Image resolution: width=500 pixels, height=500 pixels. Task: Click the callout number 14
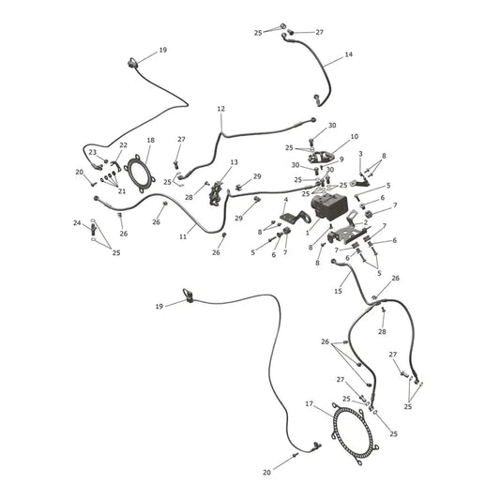pyautogui.click(x=349, y=54)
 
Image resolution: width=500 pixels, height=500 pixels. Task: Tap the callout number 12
pyautogui.click(x=220, y=109)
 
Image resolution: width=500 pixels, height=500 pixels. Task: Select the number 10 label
pyautogui.click(x=354, y=136)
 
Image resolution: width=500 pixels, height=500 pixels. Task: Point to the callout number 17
pyautogui.click(x=309, y=404)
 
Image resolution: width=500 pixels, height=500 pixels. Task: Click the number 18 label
pyautogui.click(x=150, y=140)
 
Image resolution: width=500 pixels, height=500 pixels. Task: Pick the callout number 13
pyautogui.click(x=235, y=162)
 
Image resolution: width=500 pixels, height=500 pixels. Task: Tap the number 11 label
pyautogui.click(x=183, y=236)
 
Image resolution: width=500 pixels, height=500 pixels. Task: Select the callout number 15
pyautogui.click(x=338, y=291)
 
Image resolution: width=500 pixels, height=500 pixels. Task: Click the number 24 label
pyautogui.click(x=77, y=223)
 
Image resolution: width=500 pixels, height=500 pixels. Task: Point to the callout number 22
pyautogui.click(x=123, y=145)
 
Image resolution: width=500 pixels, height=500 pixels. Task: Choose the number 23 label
pyautogui.click(x=93, y=152)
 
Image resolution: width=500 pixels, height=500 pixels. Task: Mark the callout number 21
pyautogui.click(x=122, y=191)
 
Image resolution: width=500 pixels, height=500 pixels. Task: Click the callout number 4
pyautogui.click(x=286, y=200)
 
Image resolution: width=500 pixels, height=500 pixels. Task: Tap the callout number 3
pyautogui.click(x=360, y=154)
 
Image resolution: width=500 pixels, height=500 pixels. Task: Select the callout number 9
pyautogui.click(x=341, y=159)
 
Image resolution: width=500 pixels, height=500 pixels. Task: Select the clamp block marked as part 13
pyautogui.click(x=216, y=193)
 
